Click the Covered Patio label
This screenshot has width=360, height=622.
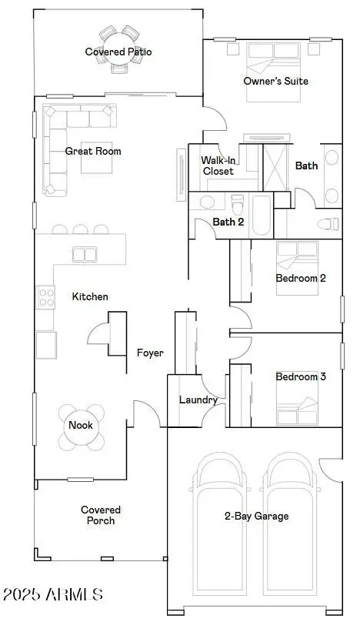[118, 52]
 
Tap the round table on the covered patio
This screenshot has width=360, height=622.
[118, 47]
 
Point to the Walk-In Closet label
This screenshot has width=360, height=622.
[218, 166]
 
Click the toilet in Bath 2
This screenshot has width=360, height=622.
[238, 206]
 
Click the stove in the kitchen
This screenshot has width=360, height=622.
[45, 296]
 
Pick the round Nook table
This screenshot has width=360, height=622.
[81, 426]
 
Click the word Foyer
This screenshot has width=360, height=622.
[150, 353]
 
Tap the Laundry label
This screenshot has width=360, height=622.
[198, 400]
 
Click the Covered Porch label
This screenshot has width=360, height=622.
[101, 516]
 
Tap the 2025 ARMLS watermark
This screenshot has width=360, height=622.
[52, 594]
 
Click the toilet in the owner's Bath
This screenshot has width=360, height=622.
[328, 224]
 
